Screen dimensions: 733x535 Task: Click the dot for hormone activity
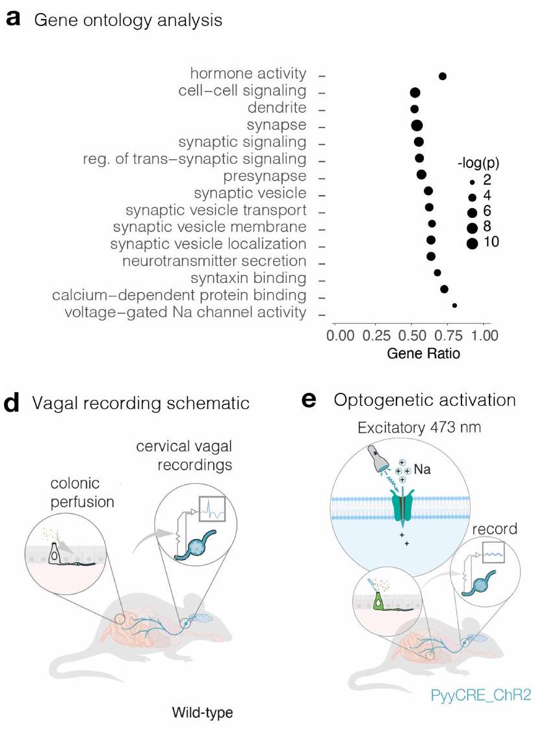pyautogui.click(x=443, y=76)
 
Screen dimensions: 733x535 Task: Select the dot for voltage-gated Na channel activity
pyautogui.click(x=454, y=305)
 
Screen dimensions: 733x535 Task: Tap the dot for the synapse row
pyautogui.click(x=417, y=125)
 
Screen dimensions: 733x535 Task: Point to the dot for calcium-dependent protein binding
pyautogui.click(x=444, y=289)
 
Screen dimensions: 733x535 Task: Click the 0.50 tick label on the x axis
pyautogui.click(x=410, y=335)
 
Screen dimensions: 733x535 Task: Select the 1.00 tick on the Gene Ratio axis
pyautogui.click(x=485, y=335)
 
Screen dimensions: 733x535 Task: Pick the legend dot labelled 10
pyautogui.click(x=472, y=243)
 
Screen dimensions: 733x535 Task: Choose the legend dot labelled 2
pyautogui.click(x=472, y=181)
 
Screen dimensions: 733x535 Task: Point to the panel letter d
pyautogui.click(x=11, y=403)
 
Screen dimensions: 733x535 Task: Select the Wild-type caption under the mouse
pyautogui.click(x=202, y=713)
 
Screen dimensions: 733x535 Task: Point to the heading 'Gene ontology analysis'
pyautogui.click(x=127, y=20)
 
